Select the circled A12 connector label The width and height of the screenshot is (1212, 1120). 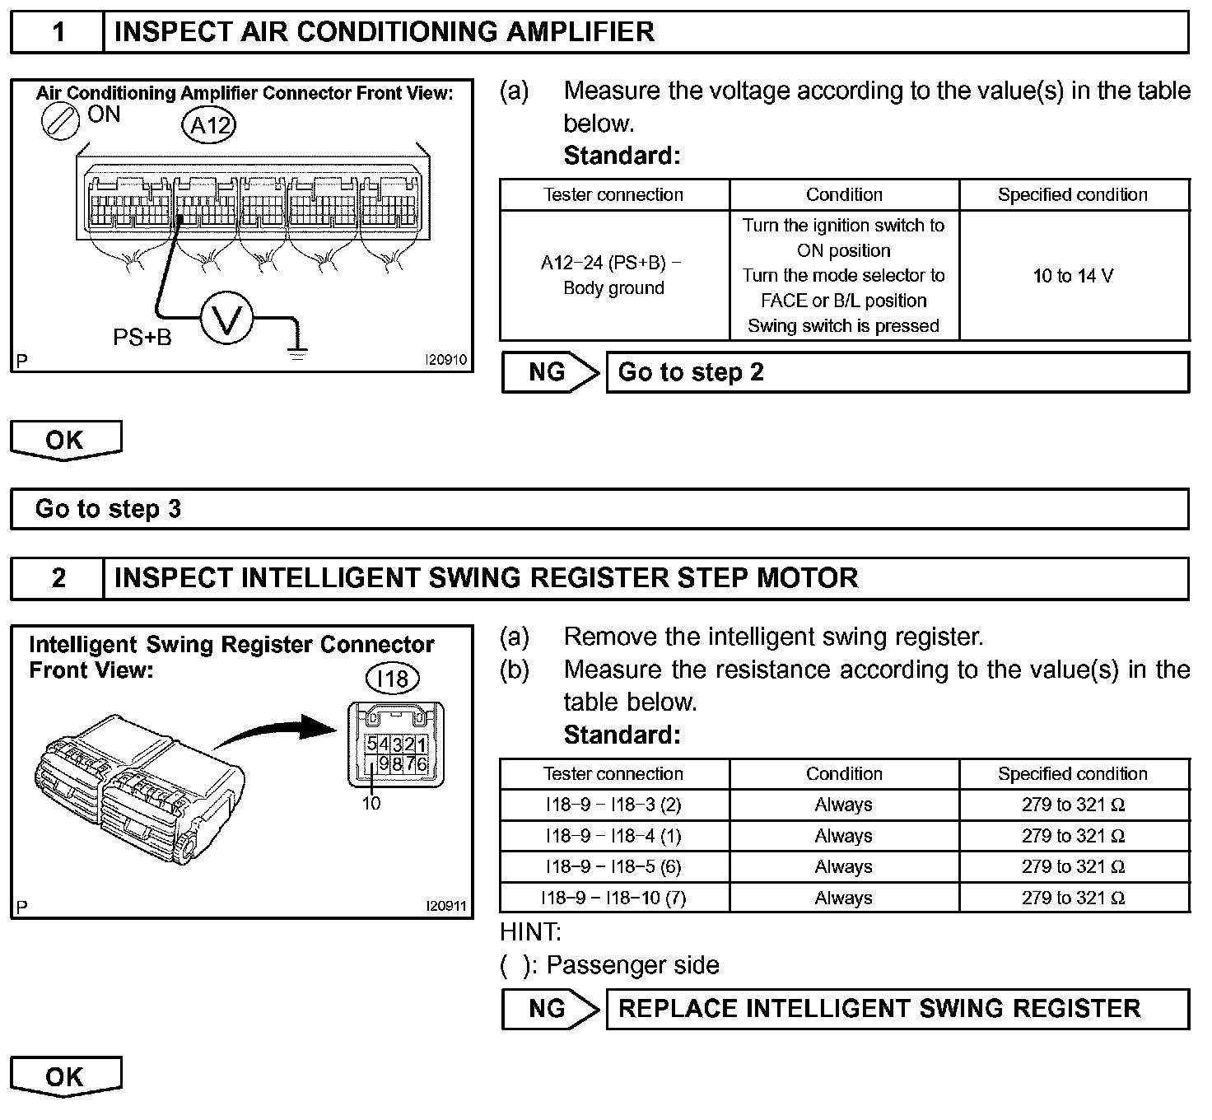(209, 126)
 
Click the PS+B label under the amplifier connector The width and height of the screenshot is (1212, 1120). (142, 337)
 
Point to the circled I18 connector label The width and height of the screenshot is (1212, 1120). (392, 679)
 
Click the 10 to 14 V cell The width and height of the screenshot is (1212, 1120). (1074, 276)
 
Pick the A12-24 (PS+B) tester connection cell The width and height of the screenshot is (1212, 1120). (614, 275)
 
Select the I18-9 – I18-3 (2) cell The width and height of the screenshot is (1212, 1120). (614, 805)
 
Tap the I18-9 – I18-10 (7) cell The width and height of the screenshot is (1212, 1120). (614, 898)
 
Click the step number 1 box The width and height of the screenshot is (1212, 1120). (58, 33)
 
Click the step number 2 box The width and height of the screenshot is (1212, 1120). (58, 578)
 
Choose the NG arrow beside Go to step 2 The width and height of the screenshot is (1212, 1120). (550, 372)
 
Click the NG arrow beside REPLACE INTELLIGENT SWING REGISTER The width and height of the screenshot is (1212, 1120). (550, 1009)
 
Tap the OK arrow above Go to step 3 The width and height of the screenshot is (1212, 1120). (66, 441)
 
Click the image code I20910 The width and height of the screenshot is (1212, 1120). (445, 360)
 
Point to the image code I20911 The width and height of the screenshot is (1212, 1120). (445, 906)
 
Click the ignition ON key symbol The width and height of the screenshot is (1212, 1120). (60, 121)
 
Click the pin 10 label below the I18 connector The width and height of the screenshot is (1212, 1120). (371, 803)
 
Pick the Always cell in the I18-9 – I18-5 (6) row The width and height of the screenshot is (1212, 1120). (844, 866)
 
